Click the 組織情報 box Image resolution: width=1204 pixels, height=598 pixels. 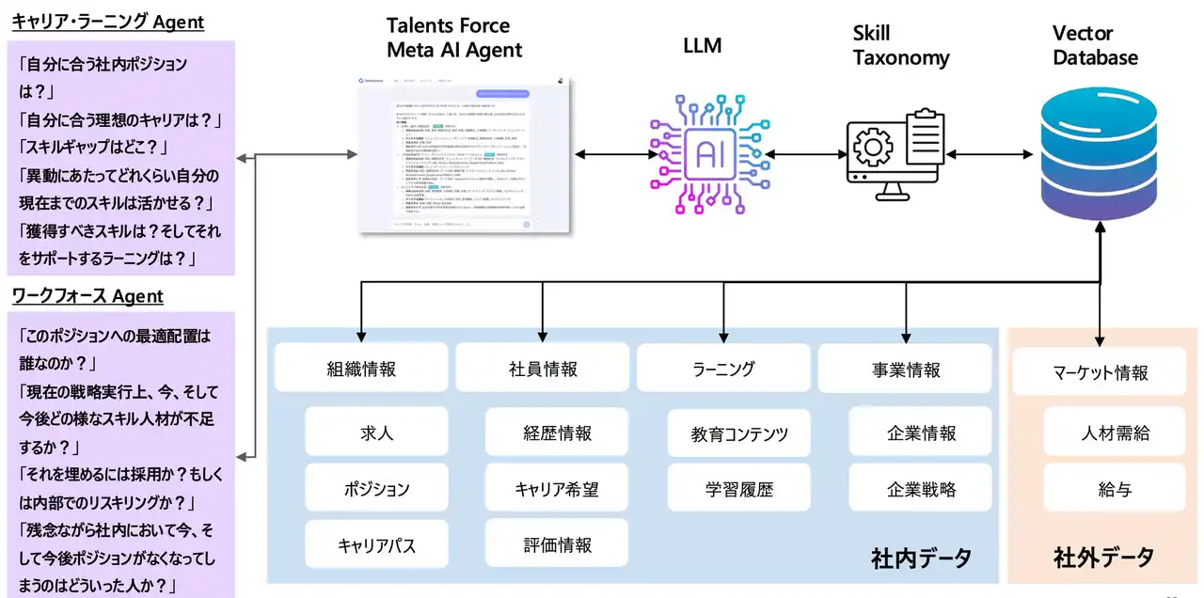362,369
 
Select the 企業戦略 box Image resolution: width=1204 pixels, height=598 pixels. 921,489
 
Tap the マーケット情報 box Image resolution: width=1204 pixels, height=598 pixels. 1100,372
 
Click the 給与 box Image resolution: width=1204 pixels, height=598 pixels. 1115,489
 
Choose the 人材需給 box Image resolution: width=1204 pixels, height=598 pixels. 1115,433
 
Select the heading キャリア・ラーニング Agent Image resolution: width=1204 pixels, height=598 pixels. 107,23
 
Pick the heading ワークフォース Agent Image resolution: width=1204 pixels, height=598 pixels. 87,296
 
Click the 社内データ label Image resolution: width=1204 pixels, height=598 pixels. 921,557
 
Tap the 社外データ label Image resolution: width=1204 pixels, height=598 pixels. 1102,557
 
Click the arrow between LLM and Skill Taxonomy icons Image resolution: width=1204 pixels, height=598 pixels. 803,152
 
